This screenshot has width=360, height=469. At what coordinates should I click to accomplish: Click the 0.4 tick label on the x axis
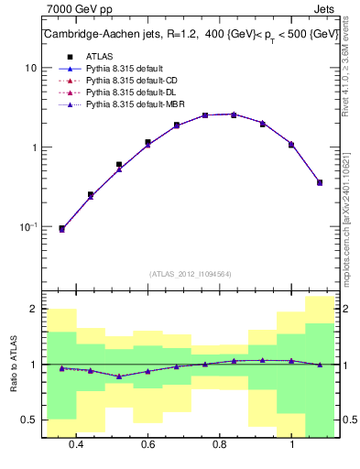[76, 444]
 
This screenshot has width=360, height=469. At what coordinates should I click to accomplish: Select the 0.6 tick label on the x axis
[147, 444]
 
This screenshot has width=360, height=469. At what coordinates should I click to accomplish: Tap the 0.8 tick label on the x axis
[220, 444]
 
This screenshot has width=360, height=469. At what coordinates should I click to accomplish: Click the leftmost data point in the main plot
[61, 229]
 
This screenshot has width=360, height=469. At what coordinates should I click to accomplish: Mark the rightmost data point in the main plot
[320, 182]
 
